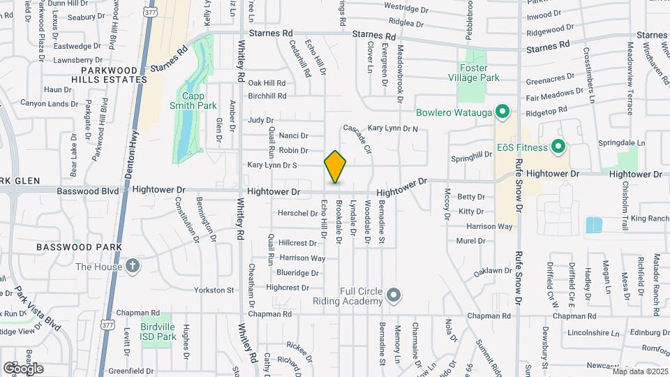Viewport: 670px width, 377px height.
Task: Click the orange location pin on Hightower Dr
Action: click(x=336, y=167)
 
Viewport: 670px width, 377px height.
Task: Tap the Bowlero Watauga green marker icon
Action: click(x=501, y=112)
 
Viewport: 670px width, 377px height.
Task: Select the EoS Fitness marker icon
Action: click(x=558, y=147)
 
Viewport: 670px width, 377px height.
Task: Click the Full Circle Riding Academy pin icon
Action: click(x=394, y=295)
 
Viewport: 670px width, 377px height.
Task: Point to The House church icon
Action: click(x=133, y=266)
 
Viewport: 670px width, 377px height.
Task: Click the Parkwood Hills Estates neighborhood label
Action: click(x=114, y=75)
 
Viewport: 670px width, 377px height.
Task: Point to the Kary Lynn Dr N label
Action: click(x=393, y=128)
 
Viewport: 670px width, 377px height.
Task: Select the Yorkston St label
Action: click(x=214, y=290)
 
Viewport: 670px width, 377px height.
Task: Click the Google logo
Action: click(x=23, y=368)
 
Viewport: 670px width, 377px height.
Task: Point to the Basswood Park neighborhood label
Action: click(x=79, y=247)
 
